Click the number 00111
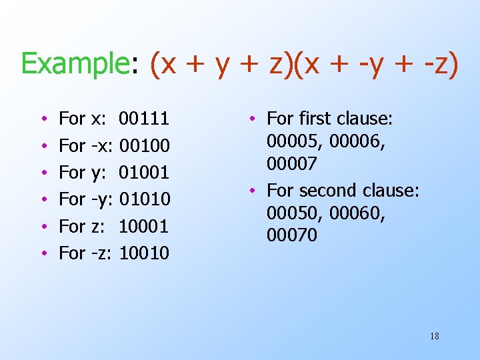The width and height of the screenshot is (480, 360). click(144, 119)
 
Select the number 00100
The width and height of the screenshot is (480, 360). click(144, 145)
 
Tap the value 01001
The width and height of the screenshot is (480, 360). click(144, 173)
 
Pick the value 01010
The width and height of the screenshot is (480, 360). click(144, 199)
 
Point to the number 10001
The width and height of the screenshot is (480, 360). click(144, 226)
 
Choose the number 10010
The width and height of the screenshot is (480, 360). click(144, 253)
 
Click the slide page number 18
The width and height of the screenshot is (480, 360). click(435, 336)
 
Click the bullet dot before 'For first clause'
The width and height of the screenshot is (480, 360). click(255, 119)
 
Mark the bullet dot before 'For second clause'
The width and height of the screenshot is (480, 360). click(255, 191)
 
